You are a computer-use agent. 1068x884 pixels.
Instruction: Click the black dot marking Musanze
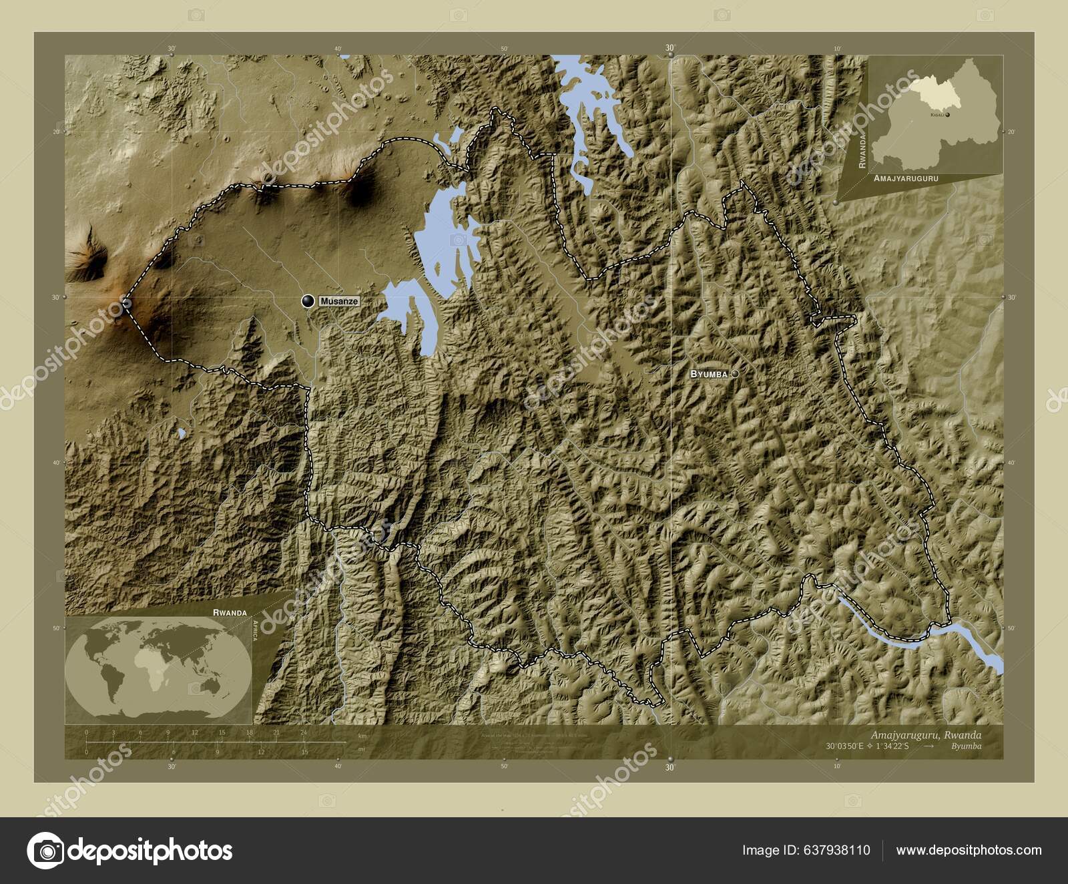tap(308, 301)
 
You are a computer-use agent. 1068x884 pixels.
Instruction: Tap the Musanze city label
tap(339, 302)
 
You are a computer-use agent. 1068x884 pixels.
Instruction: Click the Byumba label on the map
tap(708, 375)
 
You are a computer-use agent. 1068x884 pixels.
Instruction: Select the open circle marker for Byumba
tap(734, 374)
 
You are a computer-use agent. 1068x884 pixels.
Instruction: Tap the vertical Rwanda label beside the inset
tap(862, 150)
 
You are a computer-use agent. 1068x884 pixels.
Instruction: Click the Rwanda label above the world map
tap(230, 612)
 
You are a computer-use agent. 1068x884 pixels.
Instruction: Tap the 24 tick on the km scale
tap(304, 732)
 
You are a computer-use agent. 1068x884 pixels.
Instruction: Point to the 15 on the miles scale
tap(304, 752)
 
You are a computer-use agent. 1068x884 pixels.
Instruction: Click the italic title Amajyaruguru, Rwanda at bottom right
tap(926, 734)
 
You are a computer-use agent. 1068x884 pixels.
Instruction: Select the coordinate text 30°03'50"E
tap(844, 746)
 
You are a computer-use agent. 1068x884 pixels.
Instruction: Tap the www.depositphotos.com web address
tap(969, 850)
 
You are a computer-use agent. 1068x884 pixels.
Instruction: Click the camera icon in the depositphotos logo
tap(45, 851)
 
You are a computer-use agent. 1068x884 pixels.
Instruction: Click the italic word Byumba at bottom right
tap(967, 746)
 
